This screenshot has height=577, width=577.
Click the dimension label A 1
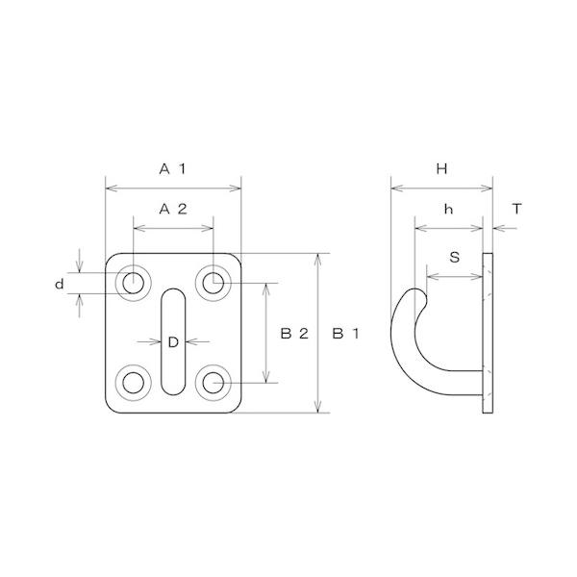(x=172, y=169)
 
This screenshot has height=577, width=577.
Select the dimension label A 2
(x=172, y=209)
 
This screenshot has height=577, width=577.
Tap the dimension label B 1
(x=344, y=334)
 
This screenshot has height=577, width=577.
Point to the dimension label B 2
(x=293, y=334)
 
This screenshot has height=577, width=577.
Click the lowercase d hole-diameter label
(x=59, y=284)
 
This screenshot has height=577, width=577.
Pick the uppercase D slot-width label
(x=173, y=341)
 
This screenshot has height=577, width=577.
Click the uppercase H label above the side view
(x=441, y=169)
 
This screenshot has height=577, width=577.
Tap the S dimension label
(x=454, y=257)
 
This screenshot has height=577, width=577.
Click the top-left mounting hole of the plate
(x=133, y=283)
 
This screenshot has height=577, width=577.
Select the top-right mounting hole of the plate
(x=213, y=283)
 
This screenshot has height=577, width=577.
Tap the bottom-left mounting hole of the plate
(x=133, y=383)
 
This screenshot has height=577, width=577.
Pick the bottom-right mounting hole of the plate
(x=213, y=383)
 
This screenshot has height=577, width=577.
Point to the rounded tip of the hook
(x=415, y=292)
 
